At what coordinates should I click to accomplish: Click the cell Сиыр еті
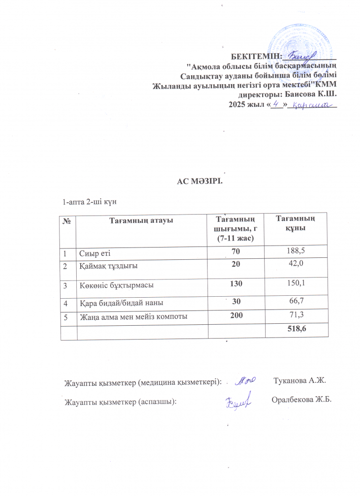click(95, 253)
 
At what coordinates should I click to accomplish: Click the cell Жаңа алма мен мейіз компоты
click(133, 316)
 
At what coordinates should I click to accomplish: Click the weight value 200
click(237, 315)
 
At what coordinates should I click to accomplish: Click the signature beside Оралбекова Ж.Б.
click(240, 401)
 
